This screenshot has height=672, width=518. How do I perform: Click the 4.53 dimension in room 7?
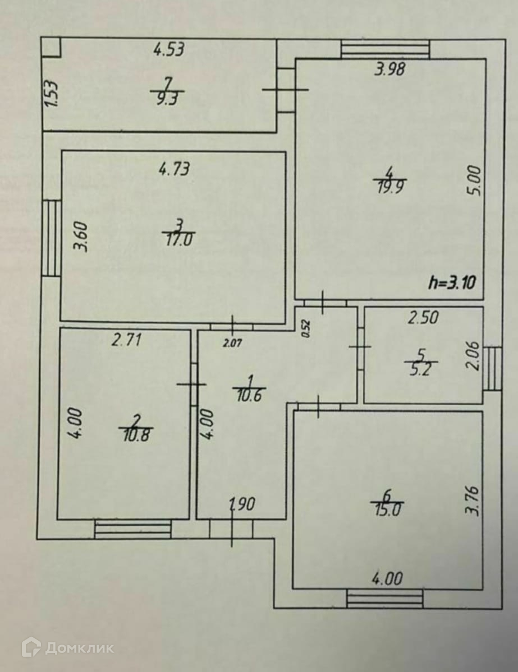tap(169, 49)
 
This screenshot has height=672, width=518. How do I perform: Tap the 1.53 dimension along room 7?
tap(52, 95)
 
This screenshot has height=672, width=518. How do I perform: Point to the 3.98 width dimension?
tap(390, 69)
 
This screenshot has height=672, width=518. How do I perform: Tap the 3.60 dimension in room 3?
tap(82, 238)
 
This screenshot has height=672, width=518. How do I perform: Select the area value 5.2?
tap(421, 370)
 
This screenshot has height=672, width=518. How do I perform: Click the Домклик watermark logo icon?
tap(31, 647)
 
